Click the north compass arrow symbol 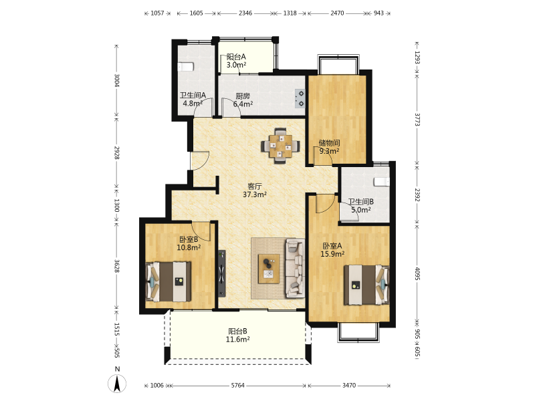click(117, 384)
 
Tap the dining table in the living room click(280, 146)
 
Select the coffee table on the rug click(269, 269)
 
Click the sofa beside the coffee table click(295, 268)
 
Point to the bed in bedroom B click(169, 281)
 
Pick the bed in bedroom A click(366, 285)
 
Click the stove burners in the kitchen click(300, 98)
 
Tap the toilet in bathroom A click(186, 66)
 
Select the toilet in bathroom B click(382, 182)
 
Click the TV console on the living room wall click(222, 273)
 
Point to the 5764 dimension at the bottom click(238, 386)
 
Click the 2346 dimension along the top click(245, 13)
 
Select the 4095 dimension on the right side click(417, 273)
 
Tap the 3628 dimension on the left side click(116, 266)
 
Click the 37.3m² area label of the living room click(255, 194)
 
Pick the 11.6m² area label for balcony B click(237, 340)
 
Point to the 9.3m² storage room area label click(329, 151)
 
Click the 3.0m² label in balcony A click(237, 65)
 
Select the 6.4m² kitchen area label click(243, 104)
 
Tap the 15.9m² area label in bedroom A click(332, 254)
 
